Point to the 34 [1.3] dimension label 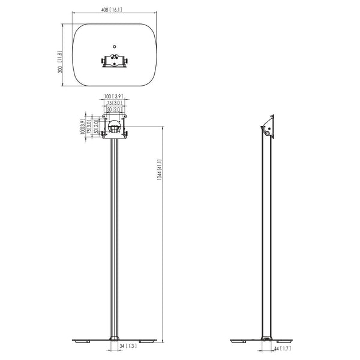tap(128, 347)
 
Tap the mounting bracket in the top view tap(115, 62)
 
